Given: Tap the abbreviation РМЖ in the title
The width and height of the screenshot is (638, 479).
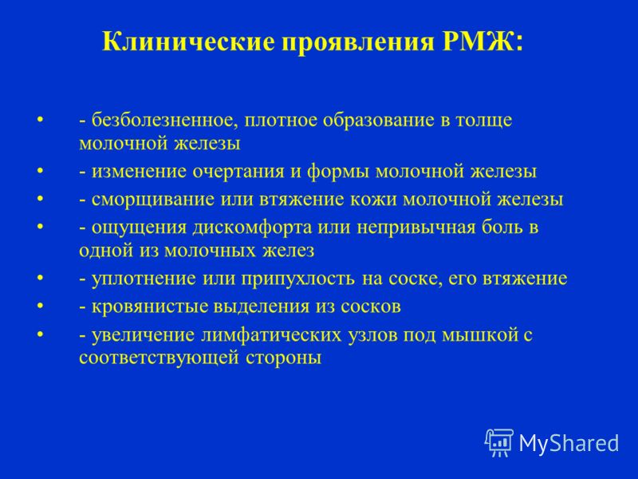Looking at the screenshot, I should coord(480,41).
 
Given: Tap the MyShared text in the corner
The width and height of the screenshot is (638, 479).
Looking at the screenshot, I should coord(569,444).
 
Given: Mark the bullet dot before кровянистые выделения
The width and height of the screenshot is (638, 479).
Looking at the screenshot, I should coord(40,307).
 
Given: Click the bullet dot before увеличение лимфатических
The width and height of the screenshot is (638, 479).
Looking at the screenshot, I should coord(40,335).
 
